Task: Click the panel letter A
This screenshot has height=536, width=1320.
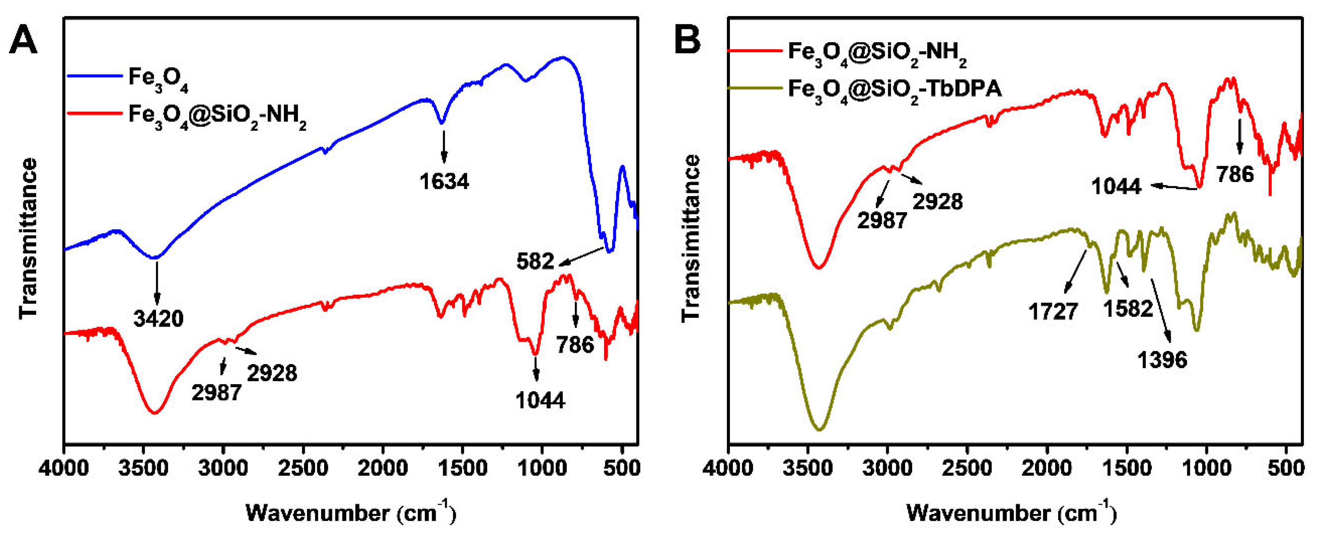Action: point(23,41)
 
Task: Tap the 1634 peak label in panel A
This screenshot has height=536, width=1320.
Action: point(444,181)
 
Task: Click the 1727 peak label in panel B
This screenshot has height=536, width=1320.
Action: point(1053,311)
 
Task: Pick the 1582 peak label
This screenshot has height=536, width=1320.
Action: point(1128,308)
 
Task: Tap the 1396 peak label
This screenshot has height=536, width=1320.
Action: point(1162,360)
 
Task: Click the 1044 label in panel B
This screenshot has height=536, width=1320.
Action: point(1116,186)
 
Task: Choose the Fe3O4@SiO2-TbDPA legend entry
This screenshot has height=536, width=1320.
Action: point(894,91)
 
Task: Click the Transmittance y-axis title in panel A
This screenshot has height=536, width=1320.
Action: point(29,238)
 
